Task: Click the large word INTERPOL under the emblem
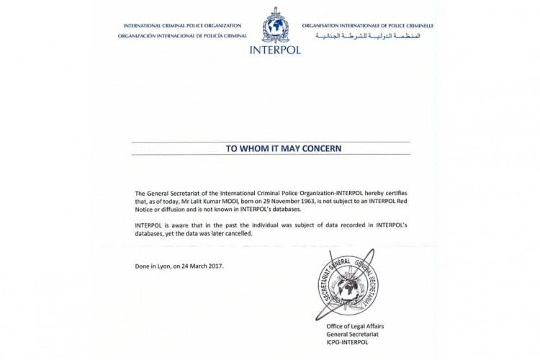275,50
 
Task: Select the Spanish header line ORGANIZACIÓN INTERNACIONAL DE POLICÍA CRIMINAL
182,35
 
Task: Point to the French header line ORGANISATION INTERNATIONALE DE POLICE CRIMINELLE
368,25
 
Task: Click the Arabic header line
368,35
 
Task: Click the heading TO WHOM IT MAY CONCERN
273,148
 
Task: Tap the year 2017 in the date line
214,266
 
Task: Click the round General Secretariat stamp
348,286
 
